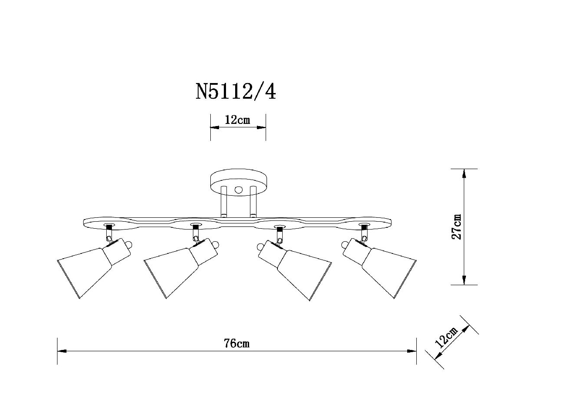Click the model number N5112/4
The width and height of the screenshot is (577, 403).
point(236,92)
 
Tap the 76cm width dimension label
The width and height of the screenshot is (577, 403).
point(237,343)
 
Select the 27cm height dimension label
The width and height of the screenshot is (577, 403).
point(456,226)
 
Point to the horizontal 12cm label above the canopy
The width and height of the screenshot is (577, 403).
point(237,120)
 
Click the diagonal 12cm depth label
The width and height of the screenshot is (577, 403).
point(446,337)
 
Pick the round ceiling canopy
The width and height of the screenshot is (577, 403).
point(239,182)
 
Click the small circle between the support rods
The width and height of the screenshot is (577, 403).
point(239,190)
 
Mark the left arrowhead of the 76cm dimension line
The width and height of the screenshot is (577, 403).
point(62,351)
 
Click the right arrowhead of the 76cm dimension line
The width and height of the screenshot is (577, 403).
point(412,351)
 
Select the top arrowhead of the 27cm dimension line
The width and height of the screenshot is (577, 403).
point(464,173)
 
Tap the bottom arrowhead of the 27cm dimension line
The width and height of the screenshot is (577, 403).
point(464,280)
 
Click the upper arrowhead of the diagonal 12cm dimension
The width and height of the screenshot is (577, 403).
point(466,329)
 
